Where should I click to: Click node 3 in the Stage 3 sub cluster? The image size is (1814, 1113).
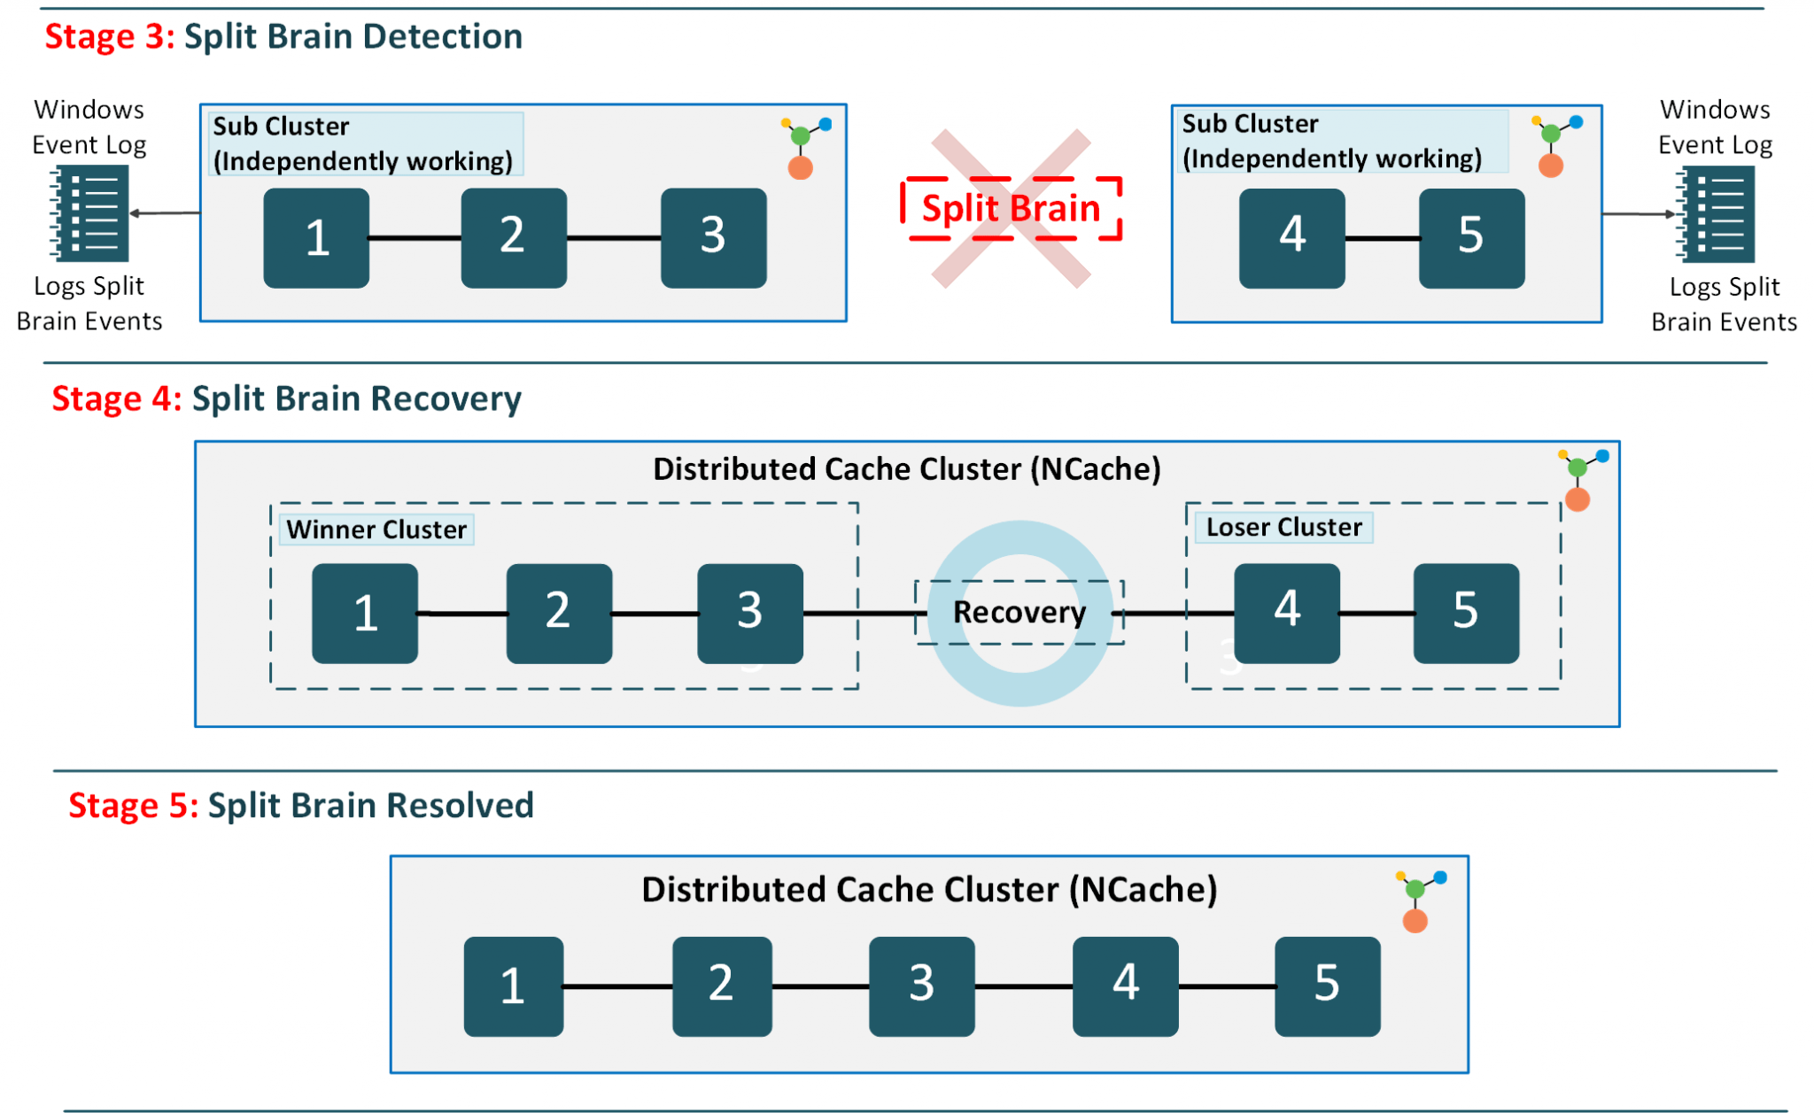click(713, 237)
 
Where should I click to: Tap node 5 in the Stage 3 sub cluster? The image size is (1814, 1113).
click(1470, 237)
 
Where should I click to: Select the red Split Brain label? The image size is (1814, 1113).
click(1011, 208)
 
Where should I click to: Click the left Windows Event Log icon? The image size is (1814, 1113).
click(89, 213)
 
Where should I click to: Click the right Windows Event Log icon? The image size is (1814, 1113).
click(1717, 214)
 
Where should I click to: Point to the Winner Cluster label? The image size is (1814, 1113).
click(376, 529)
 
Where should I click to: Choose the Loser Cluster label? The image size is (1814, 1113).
click(1283, 528)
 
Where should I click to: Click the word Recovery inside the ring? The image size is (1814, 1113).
click(1019, 612)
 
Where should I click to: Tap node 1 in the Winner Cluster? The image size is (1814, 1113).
click(365, 613)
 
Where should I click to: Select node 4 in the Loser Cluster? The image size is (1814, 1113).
click(1286, 612)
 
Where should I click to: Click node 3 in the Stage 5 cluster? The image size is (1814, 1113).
click(921, 985)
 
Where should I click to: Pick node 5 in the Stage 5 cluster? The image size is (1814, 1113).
click(1327, 985)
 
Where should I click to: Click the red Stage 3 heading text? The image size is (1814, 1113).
click(109, 37)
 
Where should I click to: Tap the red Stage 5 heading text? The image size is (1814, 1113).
click(133, 806)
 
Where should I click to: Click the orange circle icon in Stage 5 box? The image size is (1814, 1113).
click(1415, 921)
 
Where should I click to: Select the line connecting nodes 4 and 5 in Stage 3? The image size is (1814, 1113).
click(1382, 238)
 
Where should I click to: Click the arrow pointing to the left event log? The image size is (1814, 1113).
click(165, 213)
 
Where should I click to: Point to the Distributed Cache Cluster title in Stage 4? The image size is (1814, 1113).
click(906, 468)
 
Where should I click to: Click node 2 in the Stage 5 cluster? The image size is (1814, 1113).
click(721, 985)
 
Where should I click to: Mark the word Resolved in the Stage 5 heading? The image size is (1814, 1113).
click(460, 806)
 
